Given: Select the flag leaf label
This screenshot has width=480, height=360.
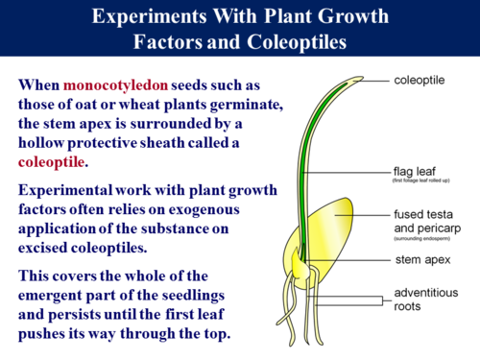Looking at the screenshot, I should click(x=415, y=173).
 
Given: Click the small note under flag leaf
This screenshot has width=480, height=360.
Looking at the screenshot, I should click(x=423, y=182).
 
